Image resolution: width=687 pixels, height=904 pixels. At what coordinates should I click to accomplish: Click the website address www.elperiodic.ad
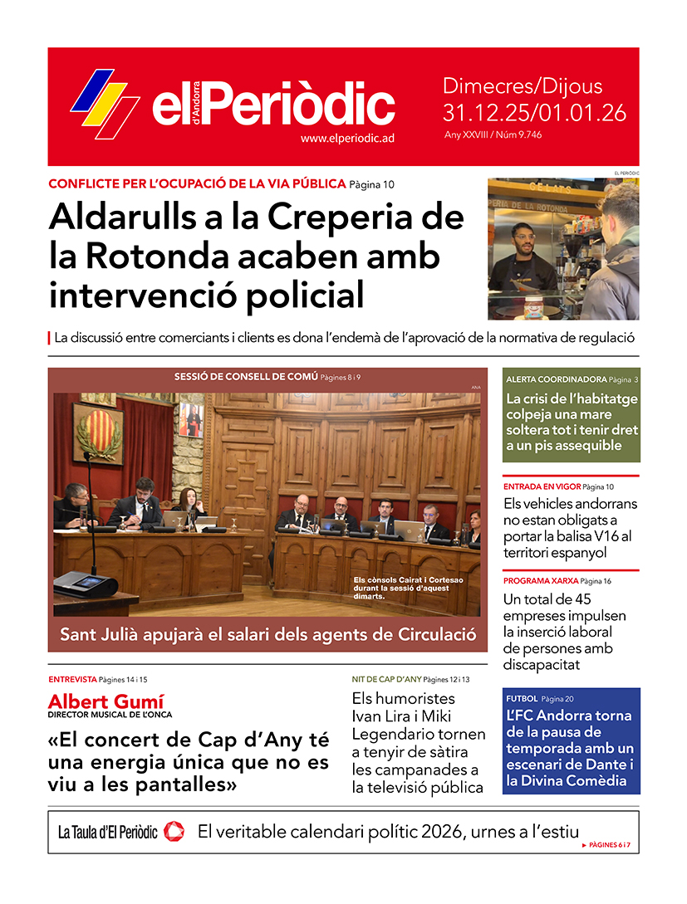346,139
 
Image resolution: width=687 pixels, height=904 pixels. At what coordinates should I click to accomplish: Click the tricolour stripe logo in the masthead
105,104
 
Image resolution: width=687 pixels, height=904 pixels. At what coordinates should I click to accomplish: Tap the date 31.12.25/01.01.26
534,113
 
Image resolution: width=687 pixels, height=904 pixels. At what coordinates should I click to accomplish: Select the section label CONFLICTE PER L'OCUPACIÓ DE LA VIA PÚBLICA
197,183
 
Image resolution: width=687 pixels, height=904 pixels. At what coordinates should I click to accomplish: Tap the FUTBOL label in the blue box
521,699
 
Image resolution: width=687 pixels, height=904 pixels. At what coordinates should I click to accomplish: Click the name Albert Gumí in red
106,701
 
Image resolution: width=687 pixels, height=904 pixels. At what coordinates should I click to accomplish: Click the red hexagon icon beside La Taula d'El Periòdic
174,830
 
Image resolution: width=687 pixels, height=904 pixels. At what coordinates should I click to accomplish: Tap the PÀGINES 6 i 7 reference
615,844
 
